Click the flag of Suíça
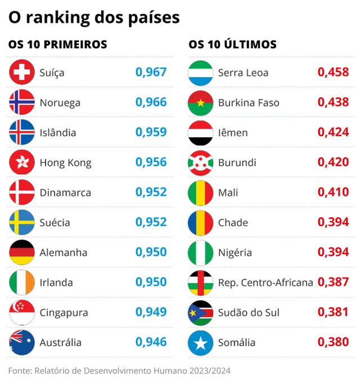click(22, 73)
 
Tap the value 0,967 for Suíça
click(151, 73)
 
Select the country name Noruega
click(60, 103)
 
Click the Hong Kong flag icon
click(22, 163)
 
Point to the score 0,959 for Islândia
click(151, 133)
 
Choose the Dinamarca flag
click(22, 192)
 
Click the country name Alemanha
click(62, 253)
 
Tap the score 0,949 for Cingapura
click(151, 312)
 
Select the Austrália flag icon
click(22, 342)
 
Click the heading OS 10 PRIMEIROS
click(57, 44)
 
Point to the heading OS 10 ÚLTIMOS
click(232, 44)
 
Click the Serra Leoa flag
click(200, 73)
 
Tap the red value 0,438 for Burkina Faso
click(333, 103)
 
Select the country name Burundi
click(237, 163)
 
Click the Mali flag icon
click(200, 192)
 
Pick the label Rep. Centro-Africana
click(265, 282)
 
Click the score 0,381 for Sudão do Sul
click(333, 312)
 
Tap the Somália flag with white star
click(200, 342)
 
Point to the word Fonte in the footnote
click(19, 371)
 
